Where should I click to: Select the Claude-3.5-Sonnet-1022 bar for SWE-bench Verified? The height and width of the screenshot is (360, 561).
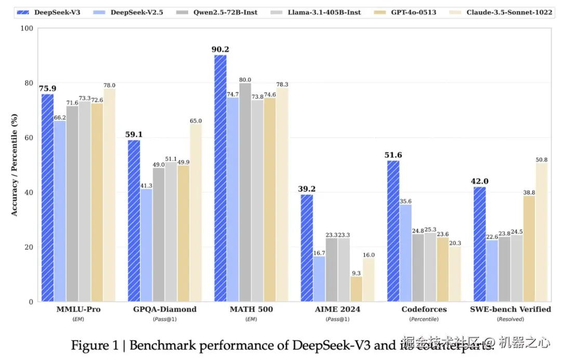point(542,232)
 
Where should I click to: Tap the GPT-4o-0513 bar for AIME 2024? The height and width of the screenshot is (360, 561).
point(356,289)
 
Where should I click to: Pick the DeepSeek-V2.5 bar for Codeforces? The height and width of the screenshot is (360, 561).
point(406,253)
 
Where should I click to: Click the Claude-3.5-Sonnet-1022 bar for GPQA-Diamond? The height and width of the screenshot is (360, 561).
point(196,212)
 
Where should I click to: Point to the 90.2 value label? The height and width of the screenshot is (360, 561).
point(220,49)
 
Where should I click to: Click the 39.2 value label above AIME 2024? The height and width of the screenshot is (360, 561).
point(306,189)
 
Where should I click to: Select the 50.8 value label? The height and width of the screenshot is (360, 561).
point(542,159)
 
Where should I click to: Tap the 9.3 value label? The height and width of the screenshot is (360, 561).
point(356,272)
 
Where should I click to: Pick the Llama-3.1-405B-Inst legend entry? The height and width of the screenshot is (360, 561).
point(323,11)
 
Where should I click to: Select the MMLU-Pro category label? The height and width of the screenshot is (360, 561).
point(78,309)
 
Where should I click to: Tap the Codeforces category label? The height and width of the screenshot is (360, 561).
point(424,309)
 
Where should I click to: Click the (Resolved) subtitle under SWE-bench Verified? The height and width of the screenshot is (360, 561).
point(510,319)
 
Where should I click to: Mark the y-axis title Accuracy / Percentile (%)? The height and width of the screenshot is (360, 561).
point(15,165)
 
